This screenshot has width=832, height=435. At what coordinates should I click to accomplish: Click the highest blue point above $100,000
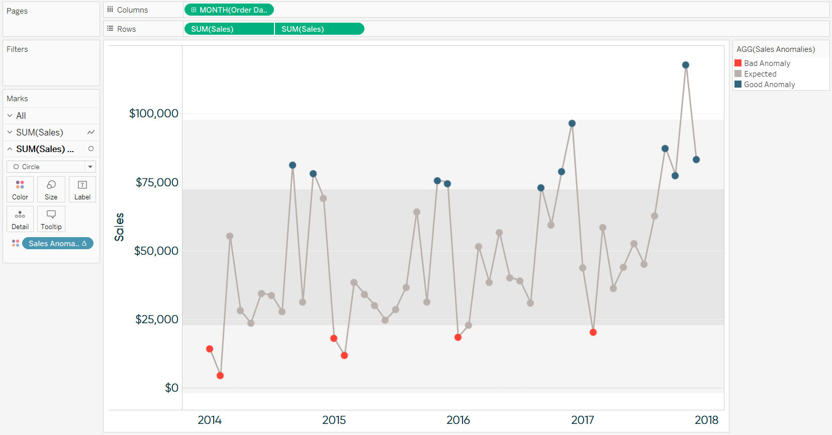686,65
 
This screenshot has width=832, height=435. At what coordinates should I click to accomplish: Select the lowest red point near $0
220,376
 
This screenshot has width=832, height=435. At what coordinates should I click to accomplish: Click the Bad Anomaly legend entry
767,63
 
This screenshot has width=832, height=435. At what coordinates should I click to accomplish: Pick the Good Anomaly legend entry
769,85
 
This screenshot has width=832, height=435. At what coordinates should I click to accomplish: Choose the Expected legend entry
760,74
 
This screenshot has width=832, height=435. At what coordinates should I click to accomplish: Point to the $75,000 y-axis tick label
157,182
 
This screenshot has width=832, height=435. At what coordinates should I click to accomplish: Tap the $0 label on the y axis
171,388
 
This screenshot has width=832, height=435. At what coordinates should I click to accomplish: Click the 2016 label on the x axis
458,420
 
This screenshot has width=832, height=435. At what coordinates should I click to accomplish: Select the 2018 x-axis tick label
706,420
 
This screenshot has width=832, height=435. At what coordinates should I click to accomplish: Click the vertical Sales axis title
119,227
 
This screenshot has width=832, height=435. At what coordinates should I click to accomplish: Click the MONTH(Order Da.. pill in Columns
229,10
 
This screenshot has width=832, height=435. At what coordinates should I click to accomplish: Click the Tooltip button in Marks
51,220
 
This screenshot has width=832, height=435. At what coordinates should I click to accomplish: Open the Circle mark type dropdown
51,167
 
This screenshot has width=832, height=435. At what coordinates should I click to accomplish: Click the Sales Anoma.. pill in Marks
57,244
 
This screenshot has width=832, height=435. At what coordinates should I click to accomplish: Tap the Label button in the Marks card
82,189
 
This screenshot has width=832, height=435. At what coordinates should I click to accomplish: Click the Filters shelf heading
17,49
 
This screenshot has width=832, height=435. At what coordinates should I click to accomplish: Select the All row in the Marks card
21,116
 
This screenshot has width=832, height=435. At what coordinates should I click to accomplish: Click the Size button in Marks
51,189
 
